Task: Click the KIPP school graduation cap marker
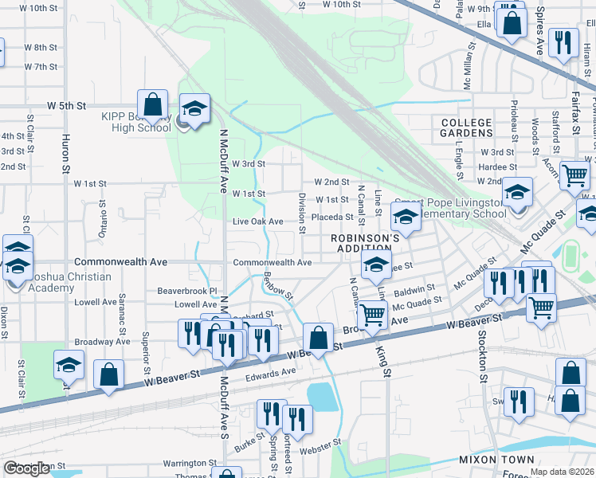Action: pos(194,110)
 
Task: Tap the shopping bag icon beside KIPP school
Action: pos(152,105)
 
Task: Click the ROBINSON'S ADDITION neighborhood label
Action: pos(365,244)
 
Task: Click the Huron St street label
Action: pos(65,151)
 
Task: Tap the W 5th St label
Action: pos(65,105)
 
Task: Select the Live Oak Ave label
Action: pos(257,221)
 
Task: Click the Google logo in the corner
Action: pos(26,469)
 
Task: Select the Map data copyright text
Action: pos(562,472)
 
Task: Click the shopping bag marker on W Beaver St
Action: pos(318,337)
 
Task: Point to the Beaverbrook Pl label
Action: pos(187,291)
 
